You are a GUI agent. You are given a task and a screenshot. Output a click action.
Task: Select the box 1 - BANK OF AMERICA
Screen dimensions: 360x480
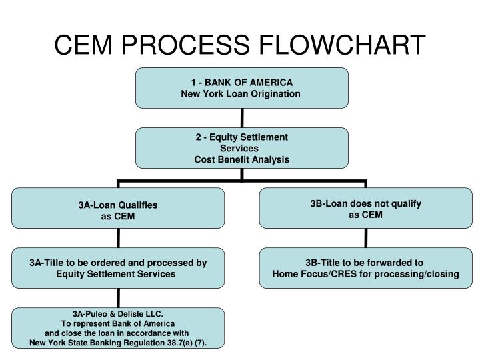coord(241,87)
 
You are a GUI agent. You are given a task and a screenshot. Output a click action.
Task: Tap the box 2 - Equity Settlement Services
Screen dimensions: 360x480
coord(241,148)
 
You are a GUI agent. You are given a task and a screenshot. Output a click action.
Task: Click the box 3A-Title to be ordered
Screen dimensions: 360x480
coord(118,268)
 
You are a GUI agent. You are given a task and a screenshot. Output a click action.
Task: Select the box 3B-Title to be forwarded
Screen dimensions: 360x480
coord(366,268)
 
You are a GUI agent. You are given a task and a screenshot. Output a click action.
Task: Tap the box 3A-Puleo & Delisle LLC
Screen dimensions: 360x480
coord(118,327)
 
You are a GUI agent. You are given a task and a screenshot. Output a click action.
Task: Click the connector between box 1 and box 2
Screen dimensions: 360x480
coord(242,118)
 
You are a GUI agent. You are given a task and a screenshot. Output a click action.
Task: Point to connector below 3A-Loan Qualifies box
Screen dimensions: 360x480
coord(119,238)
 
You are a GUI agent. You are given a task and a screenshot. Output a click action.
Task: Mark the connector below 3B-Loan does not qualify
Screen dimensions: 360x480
coord(366,238)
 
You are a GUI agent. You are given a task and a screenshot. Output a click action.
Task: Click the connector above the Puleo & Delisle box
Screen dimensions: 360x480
coord(119,298)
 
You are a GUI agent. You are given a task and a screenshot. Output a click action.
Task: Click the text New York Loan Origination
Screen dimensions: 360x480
coord(241,93)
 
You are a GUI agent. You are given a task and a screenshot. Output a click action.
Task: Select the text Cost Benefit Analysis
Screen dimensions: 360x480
coord(241,159)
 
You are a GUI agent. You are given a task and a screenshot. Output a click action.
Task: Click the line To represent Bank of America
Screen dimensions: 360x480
coord(117,323)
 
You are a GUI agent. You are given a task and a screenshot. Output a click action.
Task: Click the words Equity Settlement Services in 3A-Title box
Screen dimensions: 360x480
coord(116,274)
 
